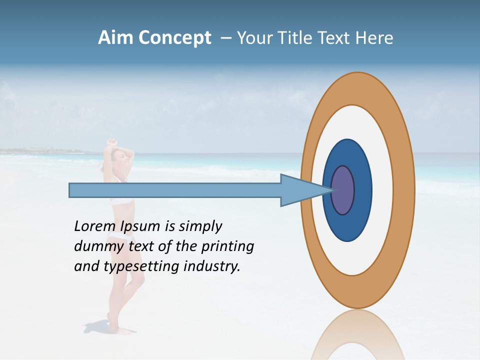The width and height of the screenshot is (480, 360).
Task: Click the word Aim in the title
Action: (x=116, y=38)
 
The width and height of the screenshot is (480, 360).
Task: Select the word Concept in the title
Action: (x=174, y=38)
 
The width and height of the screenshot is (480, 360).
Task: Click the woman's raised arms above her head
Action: (x=112, y=146)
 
